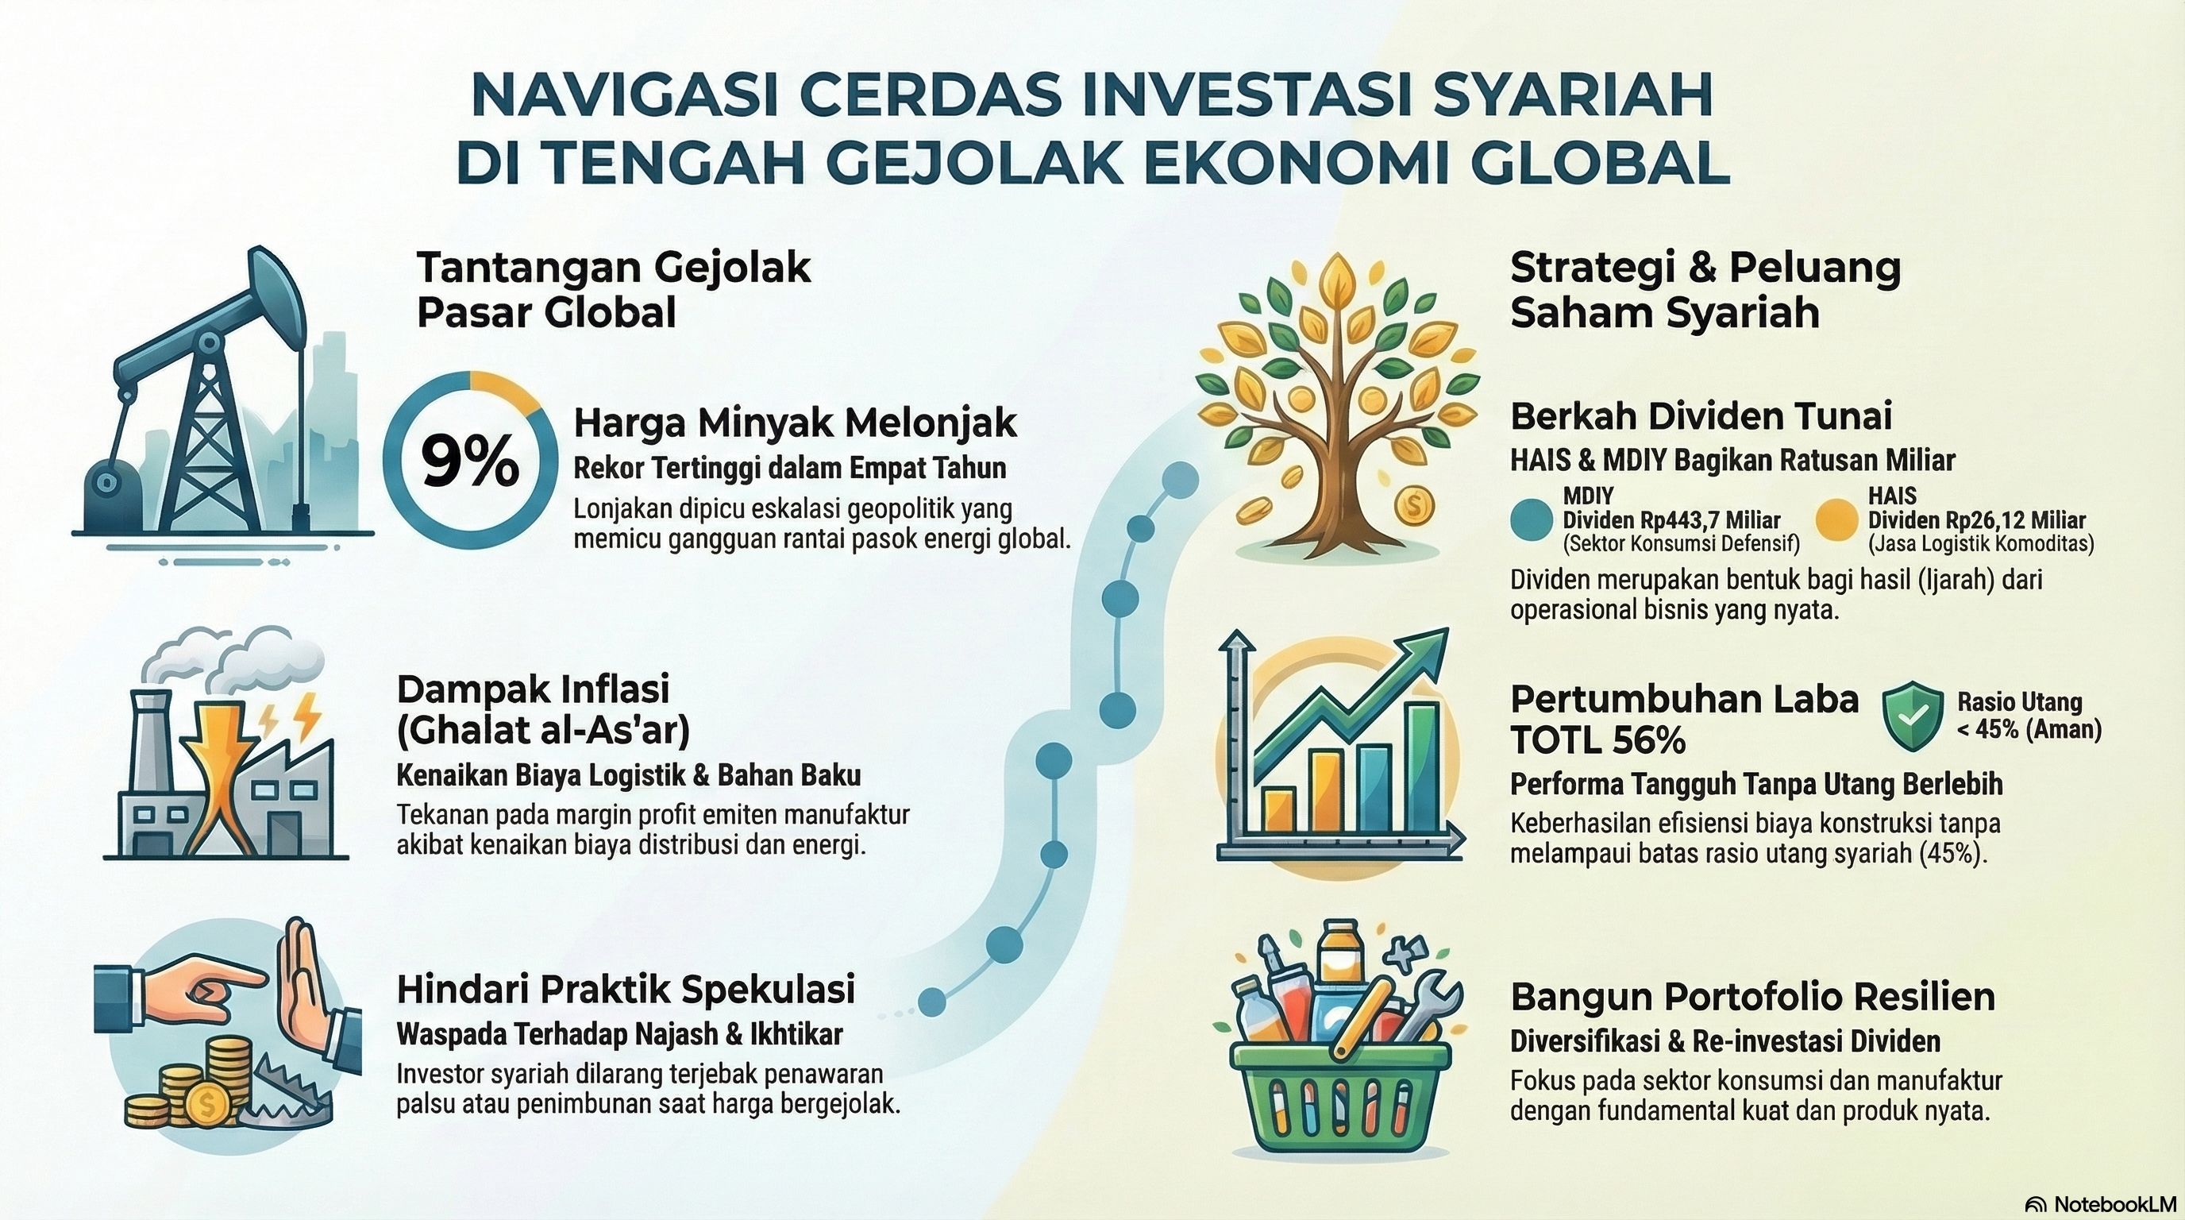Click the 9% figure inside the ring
469,463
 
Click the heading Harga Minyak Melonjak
795,422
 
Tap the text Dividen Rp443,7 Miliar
1671,519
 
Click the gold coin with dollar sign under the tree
1412,508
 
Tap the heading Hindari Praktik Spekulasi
625,989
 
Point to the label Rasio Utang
2020,701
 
